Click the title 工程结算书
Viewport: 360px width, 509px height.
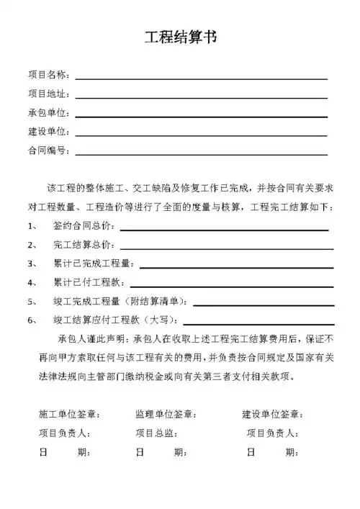[x=180, y=38]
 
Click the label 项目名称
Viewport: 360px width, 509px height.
[x=48, y=75]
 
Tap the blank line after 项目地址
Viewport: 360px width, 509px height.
[x=201, y=96]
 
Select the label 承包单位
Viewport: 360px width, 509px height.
[x=48, y=113]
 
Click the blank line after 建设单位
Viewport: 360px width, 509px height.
[x=201, y=135]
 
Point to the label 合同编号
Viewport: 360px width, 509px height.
[x=48, y=151]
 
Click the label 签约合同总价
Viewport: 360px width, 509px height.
[x=84, y=226]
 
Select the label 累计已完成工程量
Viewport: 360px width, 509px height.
[x=94, y=264]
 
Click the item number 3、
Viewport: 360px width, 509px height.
[x=33, y=264]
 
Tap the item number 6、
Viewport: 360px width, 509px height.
[x=33, y=320]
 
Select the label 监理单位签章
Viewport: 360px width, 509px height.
[x=166, y=415]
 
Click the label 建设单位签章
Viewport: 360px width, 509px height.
[x=272, y=415]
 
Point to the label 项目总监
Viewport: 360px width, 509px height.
[x=156, y=433]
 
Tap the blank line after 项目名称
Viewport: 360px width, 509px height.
[x=201, y=77]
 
